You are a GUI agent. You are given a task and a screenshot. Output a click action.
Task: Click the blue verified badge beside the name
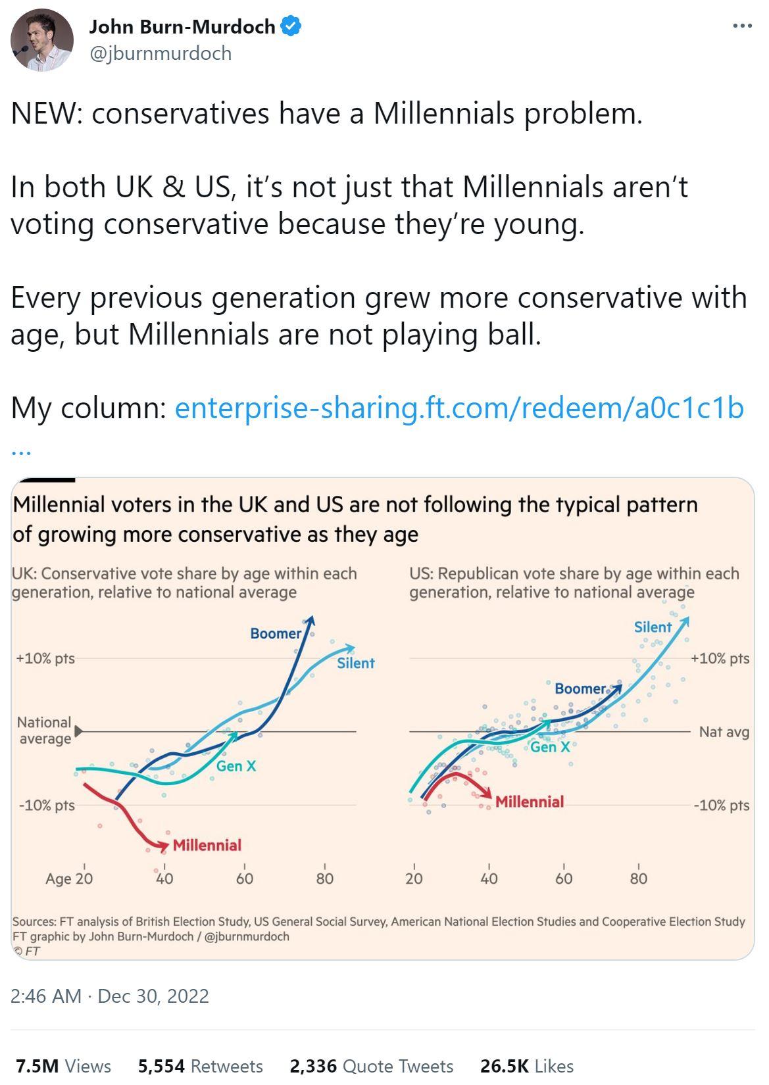(x=291, y=26)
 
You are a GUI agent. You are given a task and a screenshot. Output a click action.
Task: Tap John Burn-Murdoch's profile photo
(x=42, y=40)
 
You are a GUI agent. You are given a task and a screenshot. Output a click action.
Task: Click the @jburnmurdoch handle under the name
(x=161, y=53)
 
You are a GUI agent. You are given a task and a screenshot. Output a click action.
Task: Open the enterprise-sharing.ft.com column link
(x=459, y=408)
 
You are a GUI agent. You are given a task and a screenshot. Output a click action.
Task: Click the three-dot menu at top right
(x=742, y=26)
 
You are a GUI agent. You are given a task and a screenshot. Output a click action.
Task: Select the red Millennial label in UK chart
(x=207, y=845)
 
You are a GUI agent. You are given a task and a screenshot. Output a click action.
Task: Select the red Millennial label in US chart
(x=529, y=802)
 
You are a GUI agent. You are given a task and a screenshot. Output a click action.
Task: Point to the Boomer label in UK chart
(x=275, y=633)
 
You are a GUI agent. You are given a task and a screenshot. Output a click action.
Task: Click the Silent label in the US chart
(x=653, y=627)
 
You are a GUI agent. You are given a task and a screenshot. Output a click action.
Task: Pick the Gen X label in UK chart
(x=236, y=766)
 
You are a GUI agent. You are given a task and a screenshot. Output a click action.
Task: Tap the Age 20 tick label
(x=69, y=879)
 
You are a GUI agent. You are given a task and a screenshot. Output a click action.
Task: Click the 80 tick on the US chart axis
(x=638, y=879)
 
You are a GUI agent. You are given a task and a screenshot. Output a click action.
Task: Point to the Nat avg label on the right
(x=724, y=732)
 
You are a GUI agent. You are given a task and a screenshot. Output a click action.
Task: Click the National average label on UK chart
(x=44, y=731)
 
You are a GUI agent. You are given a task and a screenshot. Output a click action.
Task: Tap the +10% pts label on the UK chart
(x=45, y=658)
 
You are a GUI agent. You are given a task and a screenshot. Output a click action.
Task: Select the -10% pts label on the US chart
(x=721, y=806)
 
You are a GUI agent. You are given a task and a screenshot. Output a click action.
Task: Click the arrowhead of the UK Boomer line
(x=311, y=620)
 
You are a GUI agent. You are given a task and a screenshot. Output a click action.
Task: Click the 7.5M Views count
(x=63, y=1065)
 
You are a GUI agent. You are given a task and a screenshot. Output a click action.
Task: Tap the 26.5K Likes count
(x=526, y=1065)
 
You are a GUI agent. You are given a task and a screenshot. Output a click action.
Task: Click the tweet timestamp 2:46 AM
(x=46, y=996)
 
